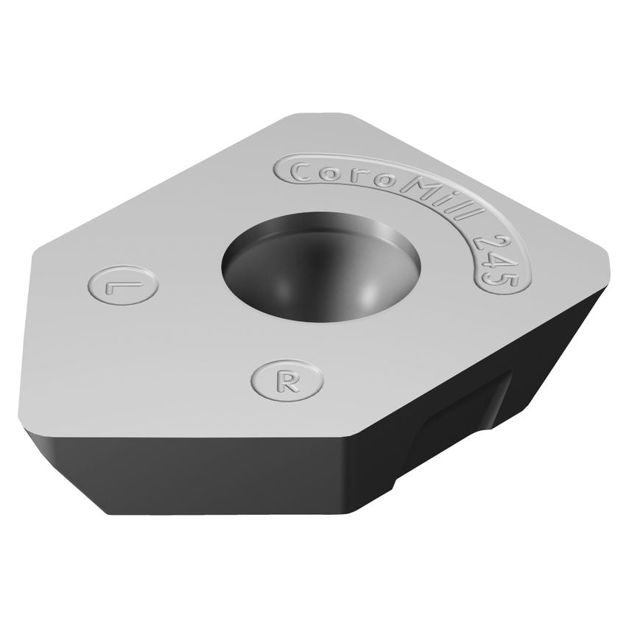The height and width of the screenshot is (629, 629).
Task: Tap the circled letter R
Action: coord(288,381)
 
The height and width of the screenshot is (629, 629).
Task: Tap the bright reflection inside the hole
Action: coord(368,295)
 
